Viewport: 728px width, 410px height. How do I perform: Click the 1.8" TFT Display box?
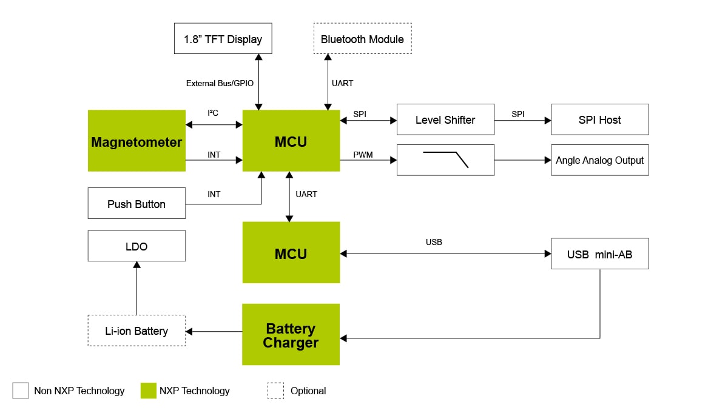pos(223,39)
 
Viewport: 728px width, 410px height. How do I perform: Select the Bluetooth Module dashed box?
pos(362,39)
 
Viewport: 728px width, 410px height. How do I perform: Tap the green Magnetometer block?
pos(136,141)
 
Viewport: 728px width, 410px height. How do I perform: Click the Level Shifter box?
pos(445,119)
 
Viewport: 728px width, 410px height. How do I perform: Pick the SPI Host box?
pos(599,119)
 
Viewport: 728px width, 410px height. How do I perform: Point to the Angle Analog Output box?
pos(599,160)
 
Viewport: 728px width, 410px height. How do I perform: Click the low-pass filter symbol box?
pos(445,160)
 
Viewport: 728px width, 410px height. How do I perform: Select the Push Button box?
pos(136,204)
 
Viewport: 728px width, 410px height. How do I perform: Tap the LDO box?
pos(136,246)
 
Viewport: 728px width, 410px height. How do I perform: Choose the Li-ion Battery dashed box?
pos(136,331)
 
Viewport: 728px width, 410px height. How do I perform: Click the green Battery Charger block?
pos(291,335)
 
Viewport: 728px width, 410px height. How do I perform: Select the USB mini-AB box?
pos(599,254)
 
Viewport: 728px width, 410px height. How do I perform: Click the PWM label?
pos(363,155)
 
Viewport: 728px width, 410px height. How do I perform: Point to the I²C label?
pos(214,113)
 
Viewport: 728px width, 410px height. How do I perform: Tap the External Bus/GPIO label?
pos(220,83)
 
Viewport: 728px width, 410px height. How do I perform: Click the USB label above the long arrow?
pos(434,242)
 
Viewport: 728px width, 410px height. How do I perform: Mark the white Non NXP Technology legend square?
pos(21,391)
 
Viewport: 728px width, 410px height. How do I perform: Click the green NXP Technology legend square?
pos(149,391)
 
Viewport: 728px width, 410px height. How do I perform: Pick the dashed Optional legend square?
pos(275,391)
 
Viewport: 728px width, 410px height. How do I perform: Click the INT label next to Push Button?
pos(214,194)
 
